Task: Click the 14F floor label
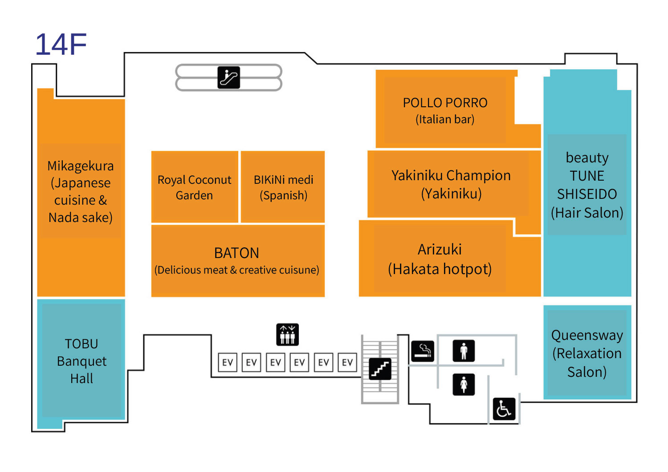(61, 44)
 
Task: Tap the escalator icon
(228, 77)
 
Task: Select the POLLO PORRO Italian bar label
(445, 110)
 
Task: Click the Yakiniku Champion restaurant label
(451, 184)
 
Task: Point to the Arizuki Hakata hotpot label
(440, 259)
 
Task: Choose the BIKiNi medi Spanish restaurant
(283, 187)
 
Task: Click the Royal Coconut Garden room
(194, 187)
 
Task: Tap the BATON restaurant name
(236, 253)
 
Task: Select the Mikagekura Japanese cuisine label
(80, 191)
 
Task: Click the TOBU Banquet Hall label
(81, 361)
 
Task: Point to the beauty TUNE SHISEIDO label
(587, 185)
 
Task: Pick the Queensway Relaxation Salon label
(587, 353)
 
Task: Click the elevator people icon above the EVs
(287, 335)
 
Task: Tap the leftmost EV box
(228, 362)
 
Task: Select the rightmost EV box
(347, 362)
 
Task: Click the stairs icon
(380, 369)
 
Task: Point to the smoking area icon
(422, 351)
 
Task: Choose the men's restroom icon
(464, 351)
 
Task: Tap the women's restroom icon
(464, 384)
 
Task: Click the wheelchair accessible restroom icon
(504, 409)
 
